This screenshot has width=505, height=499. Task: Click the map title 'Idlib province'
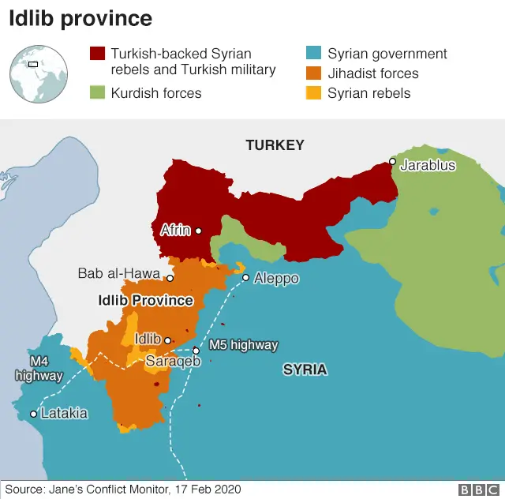pyautogui.click(x=80, y=20)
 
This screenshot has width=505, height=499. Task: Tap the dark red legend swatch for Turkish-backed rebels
pyautogui.click(x=97, y=54)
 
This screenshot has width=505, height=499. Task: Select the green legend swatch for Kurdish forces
pyautogui.click(x=97, y=93)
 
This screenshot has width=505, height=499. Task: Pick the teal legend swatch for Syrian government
pyautogui.click(x=314, y=54)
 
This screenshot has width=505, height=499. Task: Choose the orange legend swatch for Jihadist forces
pyautogui.click(x=314, y=73)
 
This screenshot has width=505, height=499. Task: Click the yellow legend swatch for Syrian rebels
pyautogui.click(x=314, y=93)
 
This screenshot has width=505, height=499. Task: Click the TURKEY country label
pyautogui.click(x=275, y=145)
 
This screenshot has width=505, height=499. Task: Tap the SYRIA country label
pyautogui.click(x=305, y=370)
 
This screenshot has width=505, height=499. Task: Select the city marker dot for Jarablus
pyautogui.click(x=392, y=161)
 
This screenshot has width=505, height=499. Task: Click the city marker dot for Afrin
pyautogui.click(x=198, y=231)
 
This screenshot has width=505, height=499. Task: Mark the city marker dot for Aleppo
pyautogui.click(x=245, y=278)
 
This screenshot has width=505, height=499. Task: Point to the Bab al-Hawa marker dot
pyautogui.click(x=170, y=278)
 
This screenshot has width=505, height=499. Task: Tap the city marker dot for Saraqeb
pyautogui.click(x=196, y=351)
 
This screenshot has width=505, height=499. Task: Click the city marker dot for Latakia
pyautogui.click(x=33, y=414)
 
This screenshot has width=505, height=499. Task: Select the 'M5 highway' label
pyautogui.click(x=243, y=345)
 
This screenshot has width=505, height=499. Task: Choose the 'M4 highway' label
pyautogui.click(x=39, y=369)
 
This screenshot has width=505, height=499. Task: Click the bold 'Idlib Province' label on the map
pyautogui.click(x=145, y=301)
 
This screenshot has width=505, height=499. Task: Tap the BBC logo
pyautogui.click(x=477, y=490)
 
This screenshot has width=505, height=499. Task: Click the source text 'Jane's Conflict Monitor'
pyautogui.click(x=110, y=490)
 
